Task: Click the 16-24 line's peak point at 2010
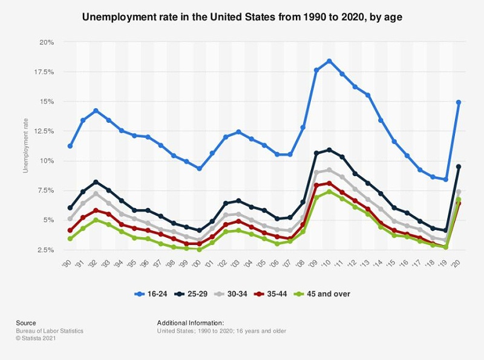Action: click(329, 61)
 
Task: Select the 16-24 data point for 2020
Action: click(459, 102)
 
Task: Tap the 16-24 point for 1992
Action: click(96, 111)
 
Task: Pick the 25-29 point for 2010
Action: click(329, 149)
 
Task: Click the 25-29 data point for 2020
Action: click(459, 166)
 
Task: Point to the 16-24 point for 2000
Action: click(200, 169)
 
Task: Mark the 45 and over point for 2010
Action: click(329, 192)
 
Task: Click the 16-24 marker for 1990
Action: click(70, 146)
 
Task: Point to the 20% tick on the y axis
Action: click(47, 42)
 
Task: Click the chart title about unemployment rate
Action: click(242, 18)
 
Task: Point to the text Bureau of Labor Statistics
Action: click(50, 331)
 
